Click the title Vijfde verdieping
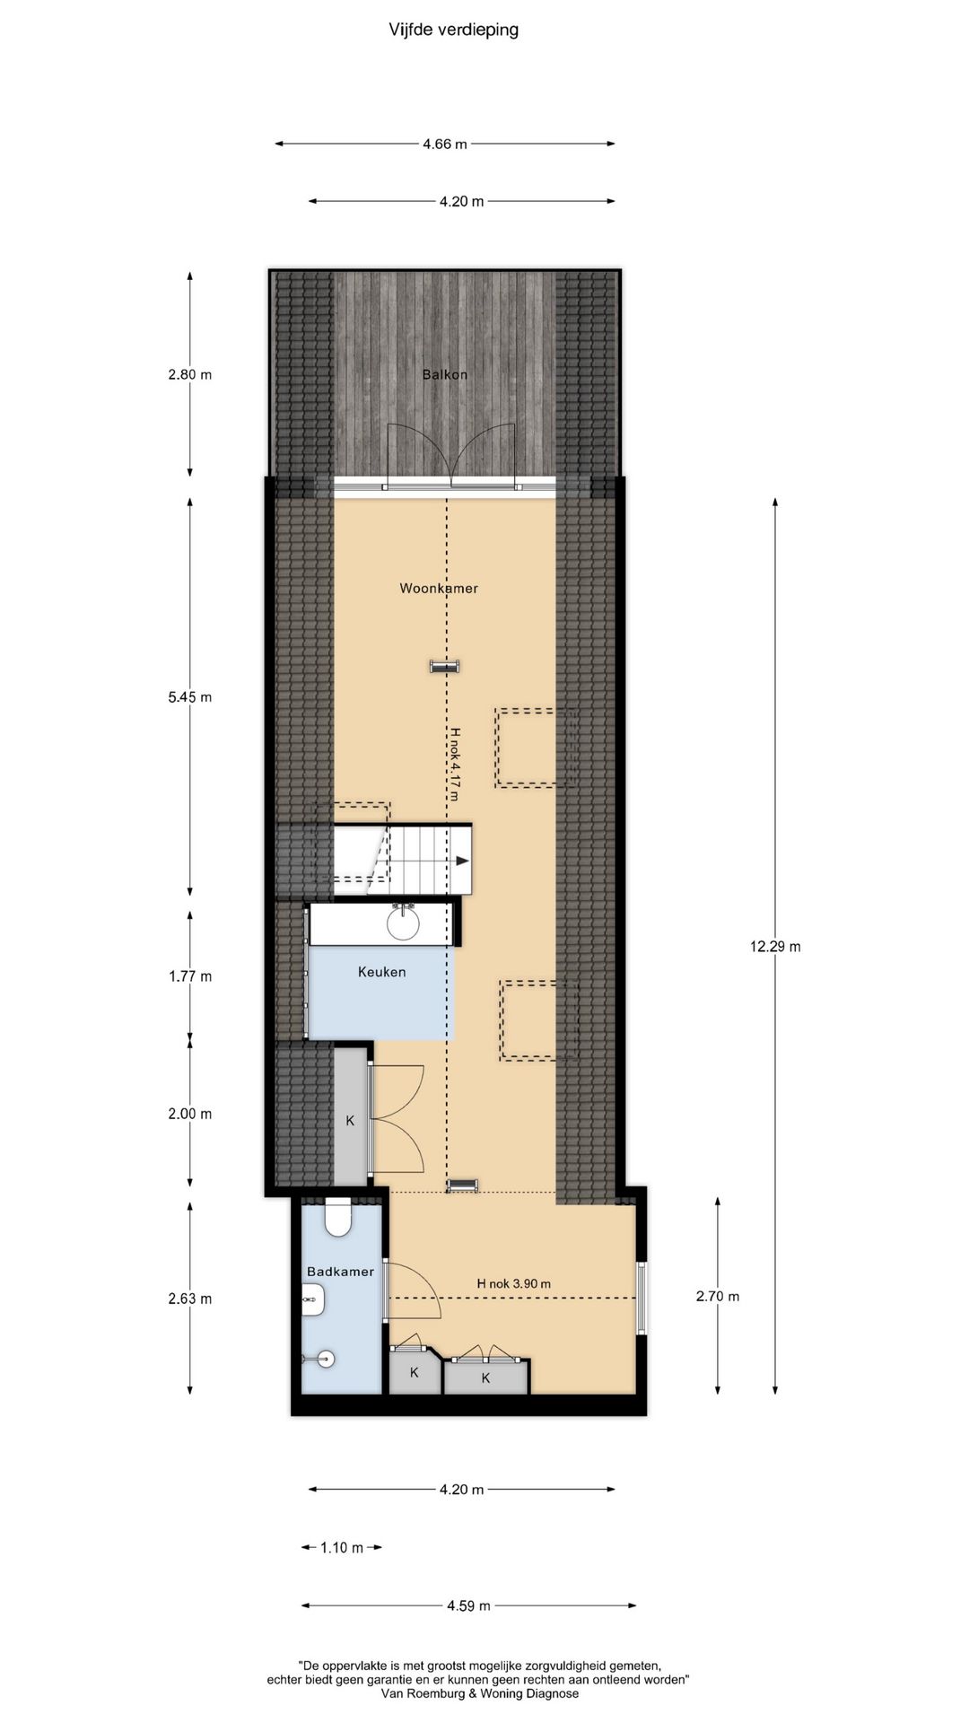(x=453, y=31)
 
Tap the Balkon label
(x=445, y=374)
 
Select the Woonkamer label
(x=439, y=589)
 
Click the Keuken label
(x=382, y=972)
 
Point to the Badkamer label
(x=340, y=1272)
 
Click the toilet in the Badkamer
(x=338, y=1218)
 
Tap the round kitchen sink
(x=404, y=923)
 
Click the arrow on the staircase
(x=462, y=861)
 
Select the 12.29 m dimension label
(x=775, y=946)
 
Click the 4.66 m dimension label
(x=445, y=144)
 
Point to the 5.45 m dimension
(x=189, y=697)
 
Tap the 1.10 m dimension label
(x=342, y=1547)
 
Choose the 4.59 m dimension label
(x=468, y=1605)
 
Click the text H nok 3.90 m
(x=513, y=1284)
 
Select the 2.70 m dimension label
(x=718, y=1296)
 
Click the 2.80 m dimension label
(x=189, y=374)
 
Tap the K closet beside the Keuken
(x=350, y=1120)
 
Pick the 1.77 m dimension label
(x=189, y=976)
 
